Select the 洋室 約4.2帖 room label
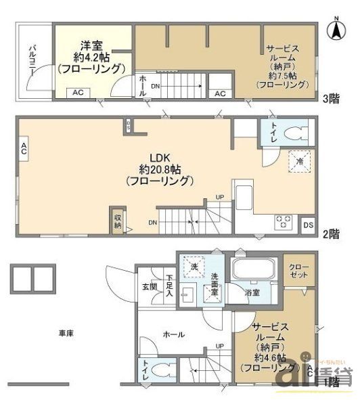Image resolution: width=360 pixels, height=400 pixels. point(91,58)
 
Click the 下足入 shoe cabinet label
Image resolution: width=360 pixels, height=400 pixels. point(169,284)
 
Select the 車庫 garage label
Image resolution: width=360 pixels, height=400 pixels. point(66,332)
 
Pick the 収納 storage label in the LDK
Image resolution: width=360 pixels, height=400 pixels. point(116,221)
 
